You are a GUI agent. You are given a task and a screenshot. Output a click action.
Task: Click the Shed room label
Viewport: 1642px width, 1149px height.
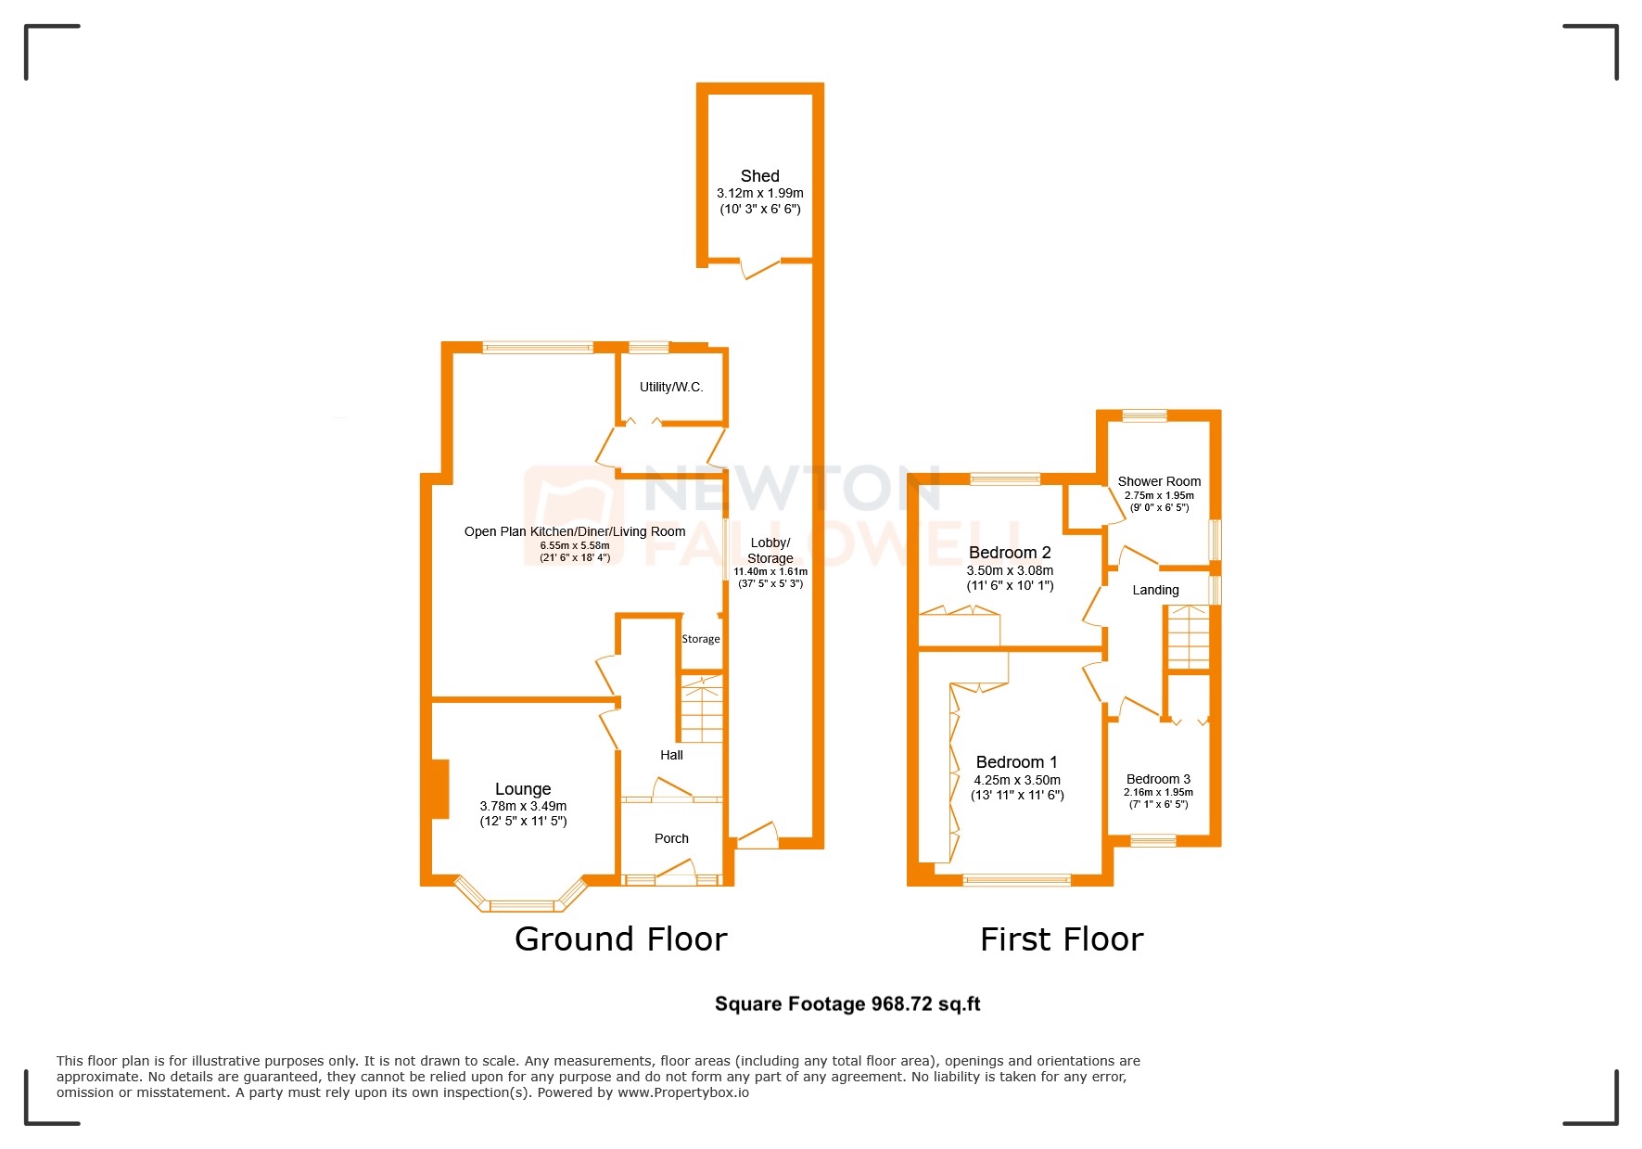pyautogui.click(x=759, y=176)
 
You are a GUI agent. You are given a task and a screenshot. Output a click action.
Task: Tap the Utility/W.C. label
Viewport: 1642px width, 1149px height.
pyautogui.click(x=671, y=387)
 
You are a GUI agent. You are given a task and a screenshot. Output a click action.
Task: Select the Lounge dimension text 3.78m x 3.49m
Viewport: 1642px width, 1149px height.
pyautogui.click(x=523, y=807)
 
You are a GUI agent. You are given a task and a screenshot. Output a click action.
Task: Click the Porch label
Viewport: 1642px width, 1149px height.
pyautogui.click(x=671, y=838)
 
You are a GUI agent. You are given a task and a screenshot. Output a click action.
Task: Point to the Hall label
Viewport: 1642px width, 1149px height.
pyautogui.click(x=671, y=755)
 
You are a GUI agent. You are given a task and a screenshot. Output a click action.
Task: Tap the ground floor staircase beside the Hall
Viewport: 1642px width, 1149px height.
pyautogui.click(x=702, y=709)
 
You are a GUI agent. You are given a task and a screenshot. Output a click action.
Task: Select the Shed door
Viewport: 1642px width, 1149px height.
pyautogui.click(x=760, y=269)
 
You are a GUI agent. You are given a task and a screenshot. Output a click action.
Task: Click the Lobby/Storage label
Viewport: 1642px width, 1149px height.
pyautogui.click(x=770, y=550)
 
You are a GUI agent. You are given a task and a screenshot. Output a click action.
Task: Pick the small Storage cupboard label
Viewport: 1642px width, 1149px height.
pyautogui.click(x=700, y=639)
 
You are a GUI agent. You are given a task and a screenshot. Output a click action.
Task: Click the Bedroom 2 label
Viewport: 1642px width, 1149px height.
pyautogui.click(x=1010, y=553)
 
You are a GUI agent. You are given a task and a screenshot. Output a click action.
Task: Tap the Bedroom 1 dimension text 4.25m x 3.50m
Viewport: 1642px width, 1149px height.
pyautogui.click(x=1017, y=781)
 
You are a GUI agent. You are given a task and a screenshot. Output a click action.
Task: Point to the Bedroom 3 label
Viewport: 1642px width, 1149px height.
pyautogui.click(x=1158, y=779)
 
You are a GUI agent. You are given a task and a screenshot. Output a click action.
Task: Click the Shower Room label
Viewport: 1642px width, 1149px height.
pyautogui.click(x=1159, y=481)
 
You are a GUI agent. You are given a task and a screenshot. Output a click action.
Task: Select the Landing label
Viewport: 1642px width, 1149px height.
pyautogui.click(x=1155, y=590)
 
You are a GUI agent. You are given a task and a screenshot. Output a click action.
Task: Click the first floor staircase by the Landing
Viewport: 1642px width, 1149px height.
pyautogui.click(x=1188, y=637)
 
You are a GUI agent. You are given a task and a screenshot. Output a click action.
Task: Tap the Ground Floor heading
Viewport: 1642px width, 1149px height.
pyautogui.click(x=620, y=939)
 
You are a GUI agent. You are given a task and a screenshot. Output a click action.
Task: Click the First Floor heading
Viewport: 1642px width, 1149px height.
pyautogui.click(x=1062, y=939)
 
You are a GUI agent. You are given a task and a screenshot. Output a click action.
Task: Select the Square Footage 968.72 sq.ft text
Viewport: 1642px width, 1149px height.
pyautogui.click(x=847, y=1003)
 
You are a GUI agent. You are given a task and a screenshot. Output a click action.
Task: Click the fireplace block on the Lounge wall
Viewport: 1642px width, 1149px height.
pyautogui.click(x=439, y=789)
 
